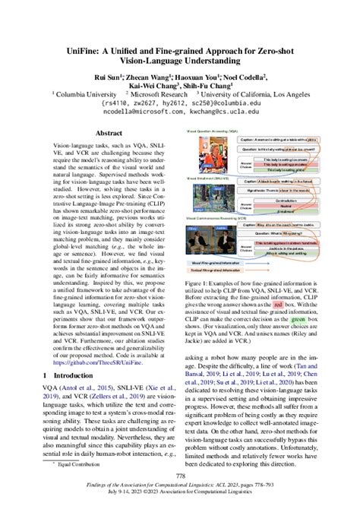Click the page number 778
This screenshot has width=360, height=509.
(x=180, y=476)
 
